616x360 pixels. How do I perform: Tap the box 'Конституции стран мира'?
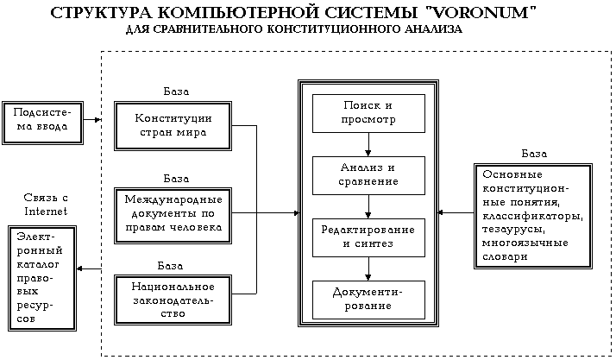174,126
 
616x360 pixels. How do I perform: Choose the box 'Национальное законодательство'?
174,299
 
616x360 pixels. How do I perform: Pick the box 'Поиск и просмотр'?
368,112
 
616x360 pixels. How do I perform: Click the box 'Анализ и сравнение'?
368,174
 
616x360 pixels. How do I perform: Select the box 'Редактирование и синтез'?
368,237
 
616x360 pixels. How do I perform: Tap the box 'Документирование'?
368,298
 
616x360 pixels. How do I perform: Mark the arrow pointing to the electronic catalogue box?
89,268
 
